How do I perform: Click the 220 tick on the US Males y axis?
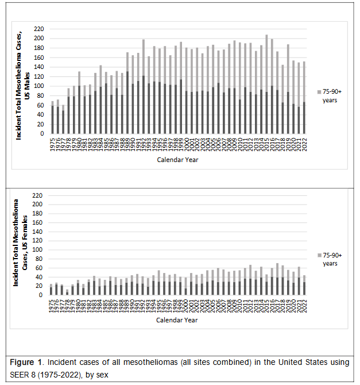click(38, 29)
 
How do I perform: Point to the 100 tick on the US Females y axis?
click(38, 250)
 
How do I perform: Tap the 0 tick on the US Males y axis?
click(41, 133)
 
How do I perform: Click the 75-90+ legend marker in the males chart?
click(319, 92)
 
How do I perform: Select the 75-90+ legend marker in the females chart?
click(319, 255)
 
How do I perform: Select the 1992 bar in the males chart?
click(144, 86)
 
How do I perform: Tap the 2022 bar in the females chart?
click(304, 285)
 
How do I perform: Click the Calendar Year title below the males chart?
click(177, 160)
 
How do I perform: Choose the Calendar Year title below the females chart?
click(177, 322)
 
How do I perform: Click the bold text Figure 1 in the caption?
click(27, 363)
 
